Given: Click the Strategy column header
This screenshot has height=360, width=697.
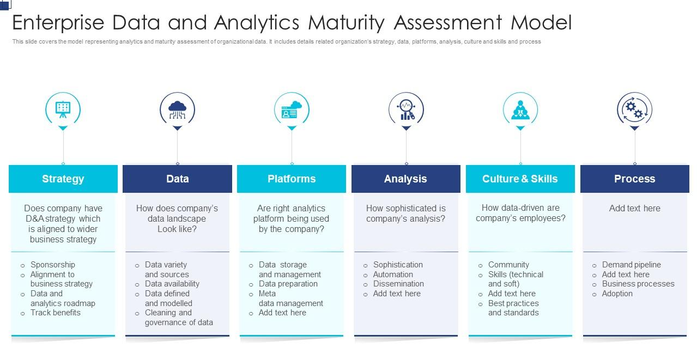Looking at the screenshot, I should tap(63, 179).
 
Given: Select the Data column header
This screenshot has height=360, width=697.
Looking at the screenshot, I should tap(177, 179).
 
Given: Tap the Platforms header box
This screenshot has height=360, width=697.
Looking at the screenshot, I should tap(292, 179).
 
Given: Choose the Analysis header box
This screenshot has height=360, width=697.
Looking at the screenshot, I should tap(405, 179).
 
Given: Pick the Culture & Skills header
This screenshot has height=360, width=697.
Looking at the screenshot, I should tap(520, 179).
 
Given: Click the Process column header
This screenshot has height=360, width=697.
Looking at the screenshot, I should tap(634, 179).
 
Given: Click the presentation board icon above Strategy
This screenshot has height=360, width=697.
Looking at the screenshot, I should tap(63, 109).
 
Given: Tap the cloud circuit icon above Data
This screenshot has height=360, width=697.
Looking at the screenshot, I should tap(177, 109).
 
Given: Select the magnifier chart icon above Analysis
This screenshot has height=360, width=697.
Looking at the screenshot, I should tap(406, 109).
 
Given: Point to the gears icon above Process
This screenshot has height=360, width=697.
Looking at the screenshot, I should tap(634, 109).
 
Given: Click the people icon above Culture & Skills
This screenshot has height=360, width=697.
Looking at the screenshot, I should tap(520, 109).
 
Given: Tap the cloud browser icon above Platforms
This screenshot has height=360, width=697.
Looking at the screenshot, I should tap(292, 109).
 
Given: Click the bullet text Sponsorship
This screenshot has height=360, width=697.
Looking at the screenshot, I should tap(53, 265).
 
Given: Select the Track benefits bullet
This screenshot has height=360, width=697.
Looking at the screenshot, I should tap(56, 313).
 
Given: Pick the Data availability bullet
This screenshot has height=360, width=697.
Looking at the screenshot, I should tap(172, 284).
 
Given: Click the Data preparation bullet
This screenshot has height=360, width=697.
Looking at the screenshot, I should tap(288, 284).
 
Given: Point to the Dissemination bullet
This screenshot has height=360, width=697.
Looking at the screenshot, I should tap(398, 284).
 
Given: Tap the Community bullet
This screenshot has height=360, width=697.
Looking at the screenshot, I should tap(508, 265).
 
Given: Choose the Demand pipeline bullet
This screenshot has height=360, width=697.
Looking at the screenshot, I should tap(631, 265).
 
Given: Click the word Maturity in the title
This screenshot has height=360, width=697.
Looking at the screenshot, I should tap(346, 23).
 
